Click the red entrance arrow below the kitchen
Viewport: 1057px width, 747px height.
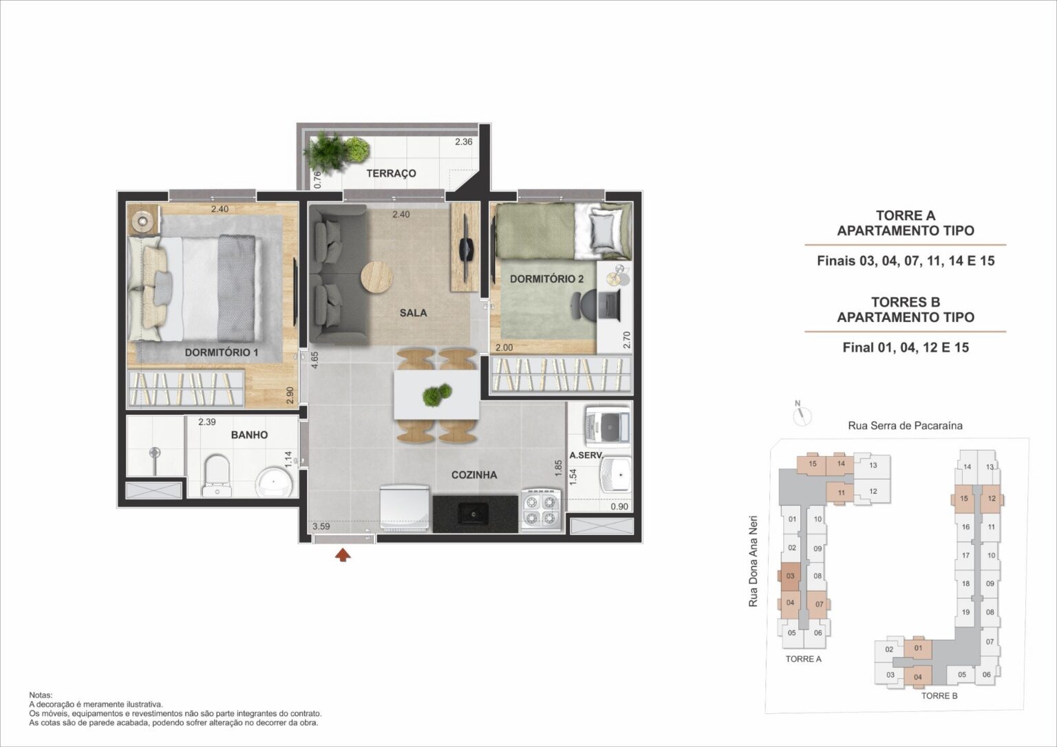click(x=341, y=554)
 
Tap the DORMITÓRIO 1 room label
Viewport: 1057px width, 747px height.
click(x=221, y=352)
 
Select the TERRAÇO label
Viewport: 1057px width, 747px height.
click(x=391, y=173)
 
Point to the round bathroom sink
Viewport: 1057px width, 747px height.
click(x=276, y=481)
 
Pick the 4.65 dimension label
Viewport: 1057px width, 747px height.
click(x=314, y=361)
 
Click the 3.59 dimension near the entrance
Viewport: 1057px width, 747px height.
click(x=321, y=527)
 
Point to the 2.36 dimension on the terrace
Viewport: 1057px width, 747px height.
click(x=464, y=142)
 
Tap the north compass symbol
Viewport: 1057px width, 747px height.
click(x=802, y=415)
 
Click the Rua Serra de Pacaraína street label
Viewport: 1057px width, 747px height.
click(x=905, y=426)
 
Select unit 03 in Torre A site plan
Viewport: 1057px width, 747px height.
click(x=791, y=576)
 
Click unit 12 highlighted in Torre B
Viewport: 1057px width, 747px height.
click(x=992, y=499)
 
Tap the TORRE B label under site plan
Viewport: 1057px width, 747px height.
click(x=939, y=695)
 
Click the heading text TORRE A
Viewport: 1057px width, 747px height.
click(x=905, y=215)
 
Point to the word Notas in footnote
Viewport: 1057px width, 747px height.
click(x=41, y=696)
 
